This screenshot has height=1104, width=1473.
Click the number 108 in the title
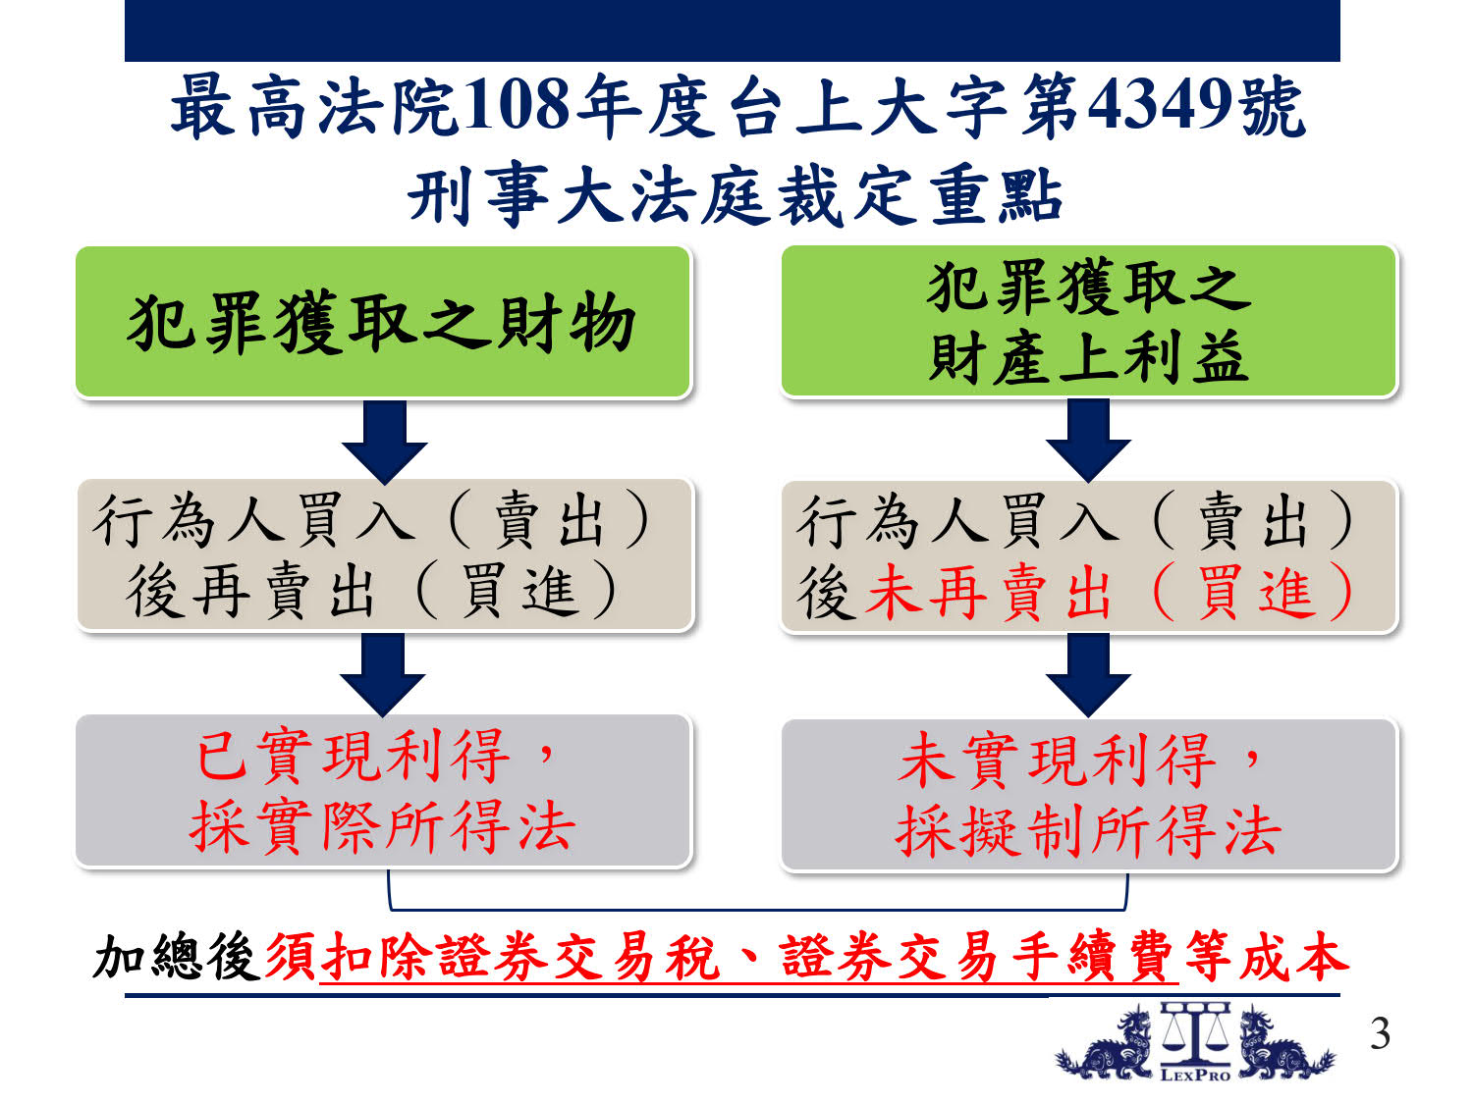click(518, 105)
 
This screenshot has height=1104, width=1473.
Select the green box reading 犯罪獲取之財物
click(383, 321)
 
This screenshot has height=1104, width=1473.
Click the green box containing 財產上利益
click(1088, 321)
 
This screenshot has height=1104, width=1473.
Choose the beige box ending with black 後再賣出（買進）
click(385, 555)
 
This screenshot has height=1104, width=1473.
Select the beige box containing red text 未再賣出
click(1088, 555)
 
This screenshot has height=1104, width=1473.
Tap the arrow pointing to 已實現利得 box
click(383, 674)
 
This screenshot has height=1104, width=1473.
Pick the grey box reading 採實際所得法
click(383, 791)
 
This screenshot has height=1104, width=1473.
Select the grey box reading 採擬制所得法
click(1088, 795)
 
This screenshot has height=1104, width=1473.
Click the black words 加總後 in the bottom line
click(177, 957)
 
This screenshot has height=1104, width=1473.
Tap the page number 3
click(1380, 1034)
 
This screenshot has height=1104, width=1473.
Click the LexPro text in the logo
click(1195, 1076)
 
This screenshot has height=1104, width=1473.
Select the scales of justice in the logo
click(1195, 1033)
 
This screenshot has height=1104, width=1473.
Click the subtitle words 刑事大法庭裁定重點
click(736, 194)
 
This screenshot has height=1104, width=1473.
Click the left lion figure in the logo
click(1107, 1044)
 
